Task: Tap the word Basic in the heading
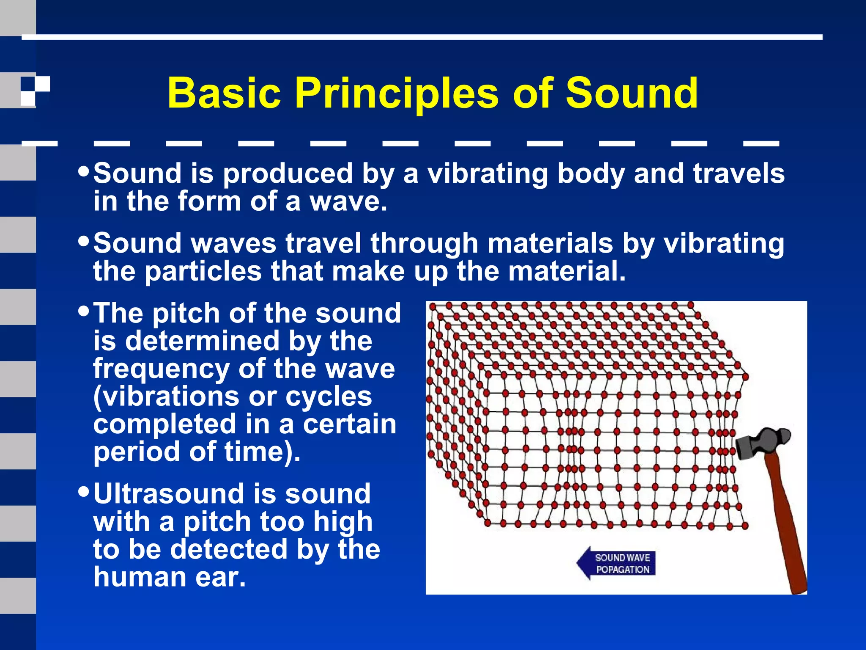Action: (224, 93)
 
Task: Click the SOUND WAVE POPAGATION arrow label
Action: (617, 563)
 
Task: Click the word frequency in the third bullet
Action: (161, 369)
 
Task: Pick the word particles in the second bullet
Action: (203, 271)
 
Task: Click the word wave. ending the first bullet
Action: (348, 202)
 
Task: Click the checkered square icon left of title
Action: (35, 91)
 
